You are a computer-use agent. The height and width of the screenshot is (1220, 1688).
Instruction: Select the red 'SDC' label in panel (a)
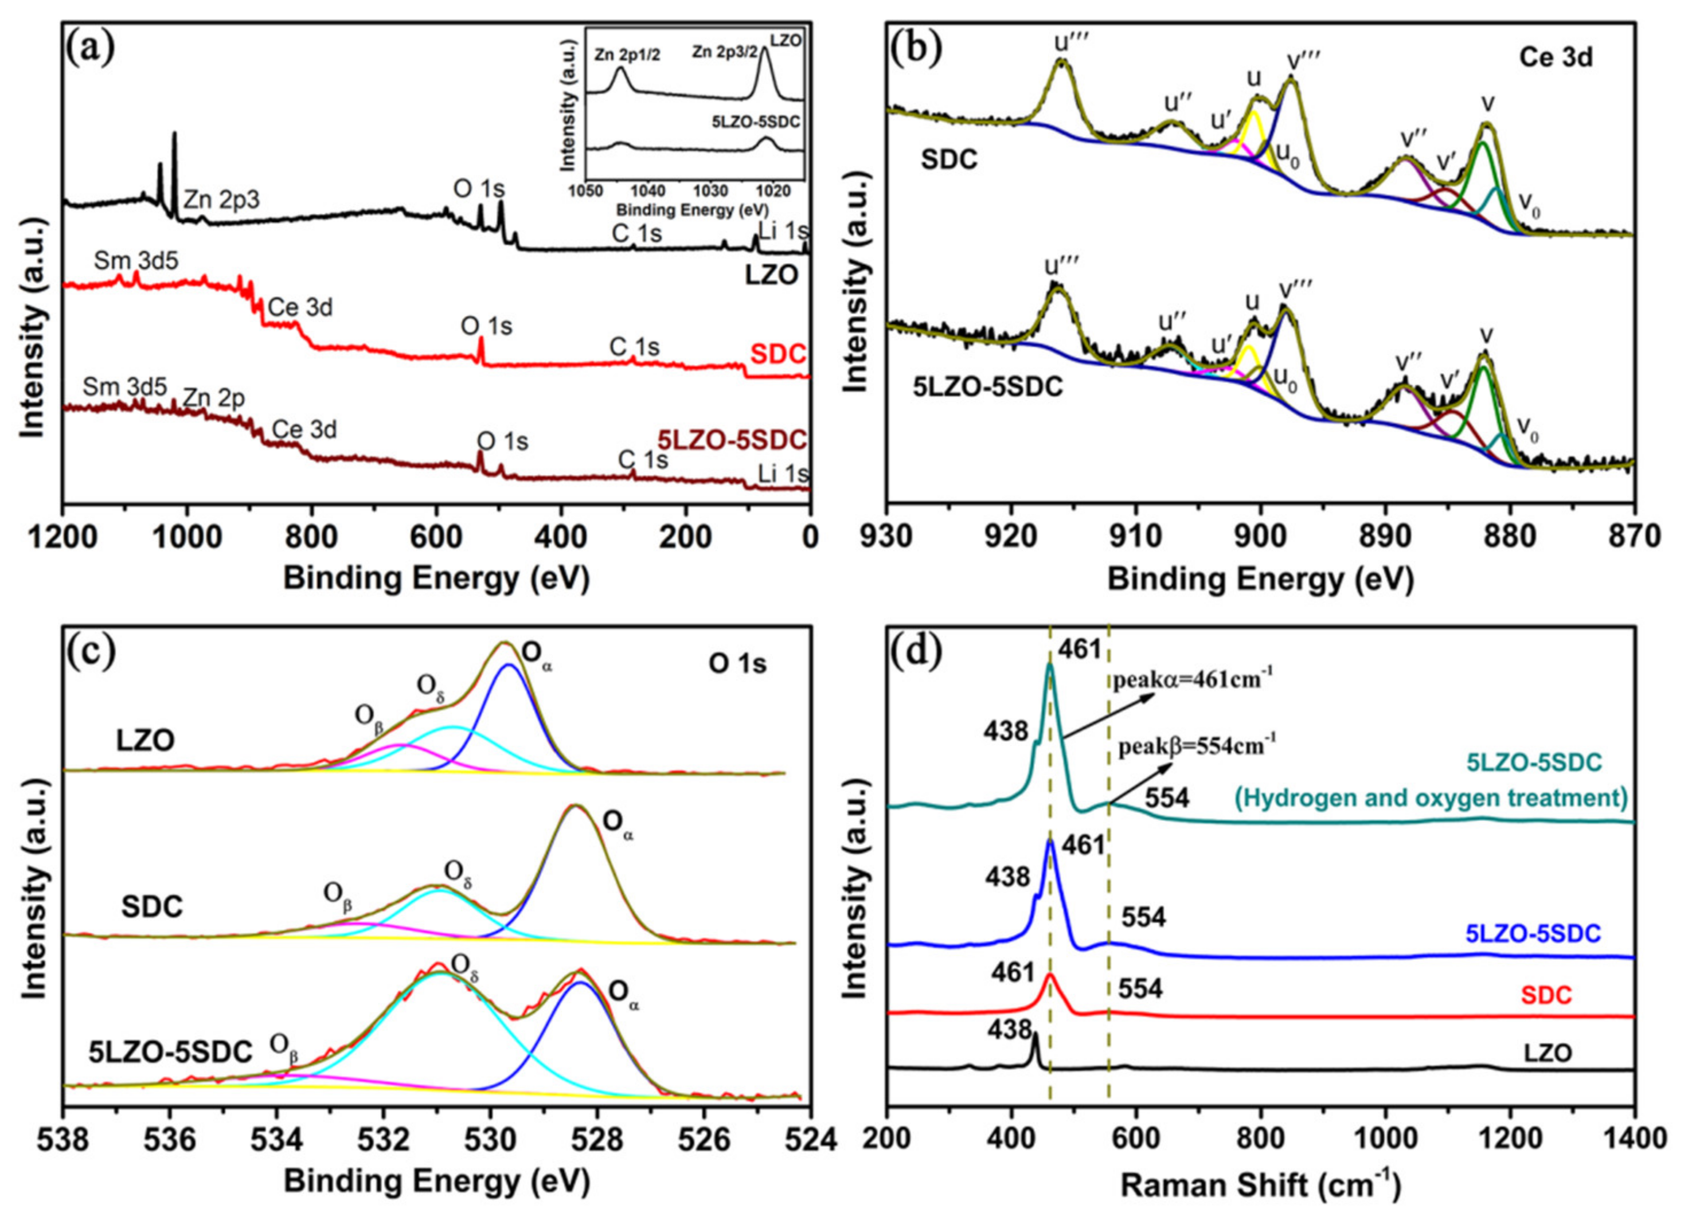click(777, 354)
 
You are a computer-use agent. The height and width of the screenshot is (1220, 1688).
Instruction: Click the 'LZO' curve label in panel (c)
click(146, 741)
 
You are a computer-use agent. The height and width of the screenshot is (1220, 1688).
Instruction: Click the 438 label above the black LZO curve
click(1009, 1030)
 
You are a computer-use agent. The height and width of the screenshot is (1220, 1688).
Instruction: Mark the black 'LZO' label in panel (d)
click(1548, 1053)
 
